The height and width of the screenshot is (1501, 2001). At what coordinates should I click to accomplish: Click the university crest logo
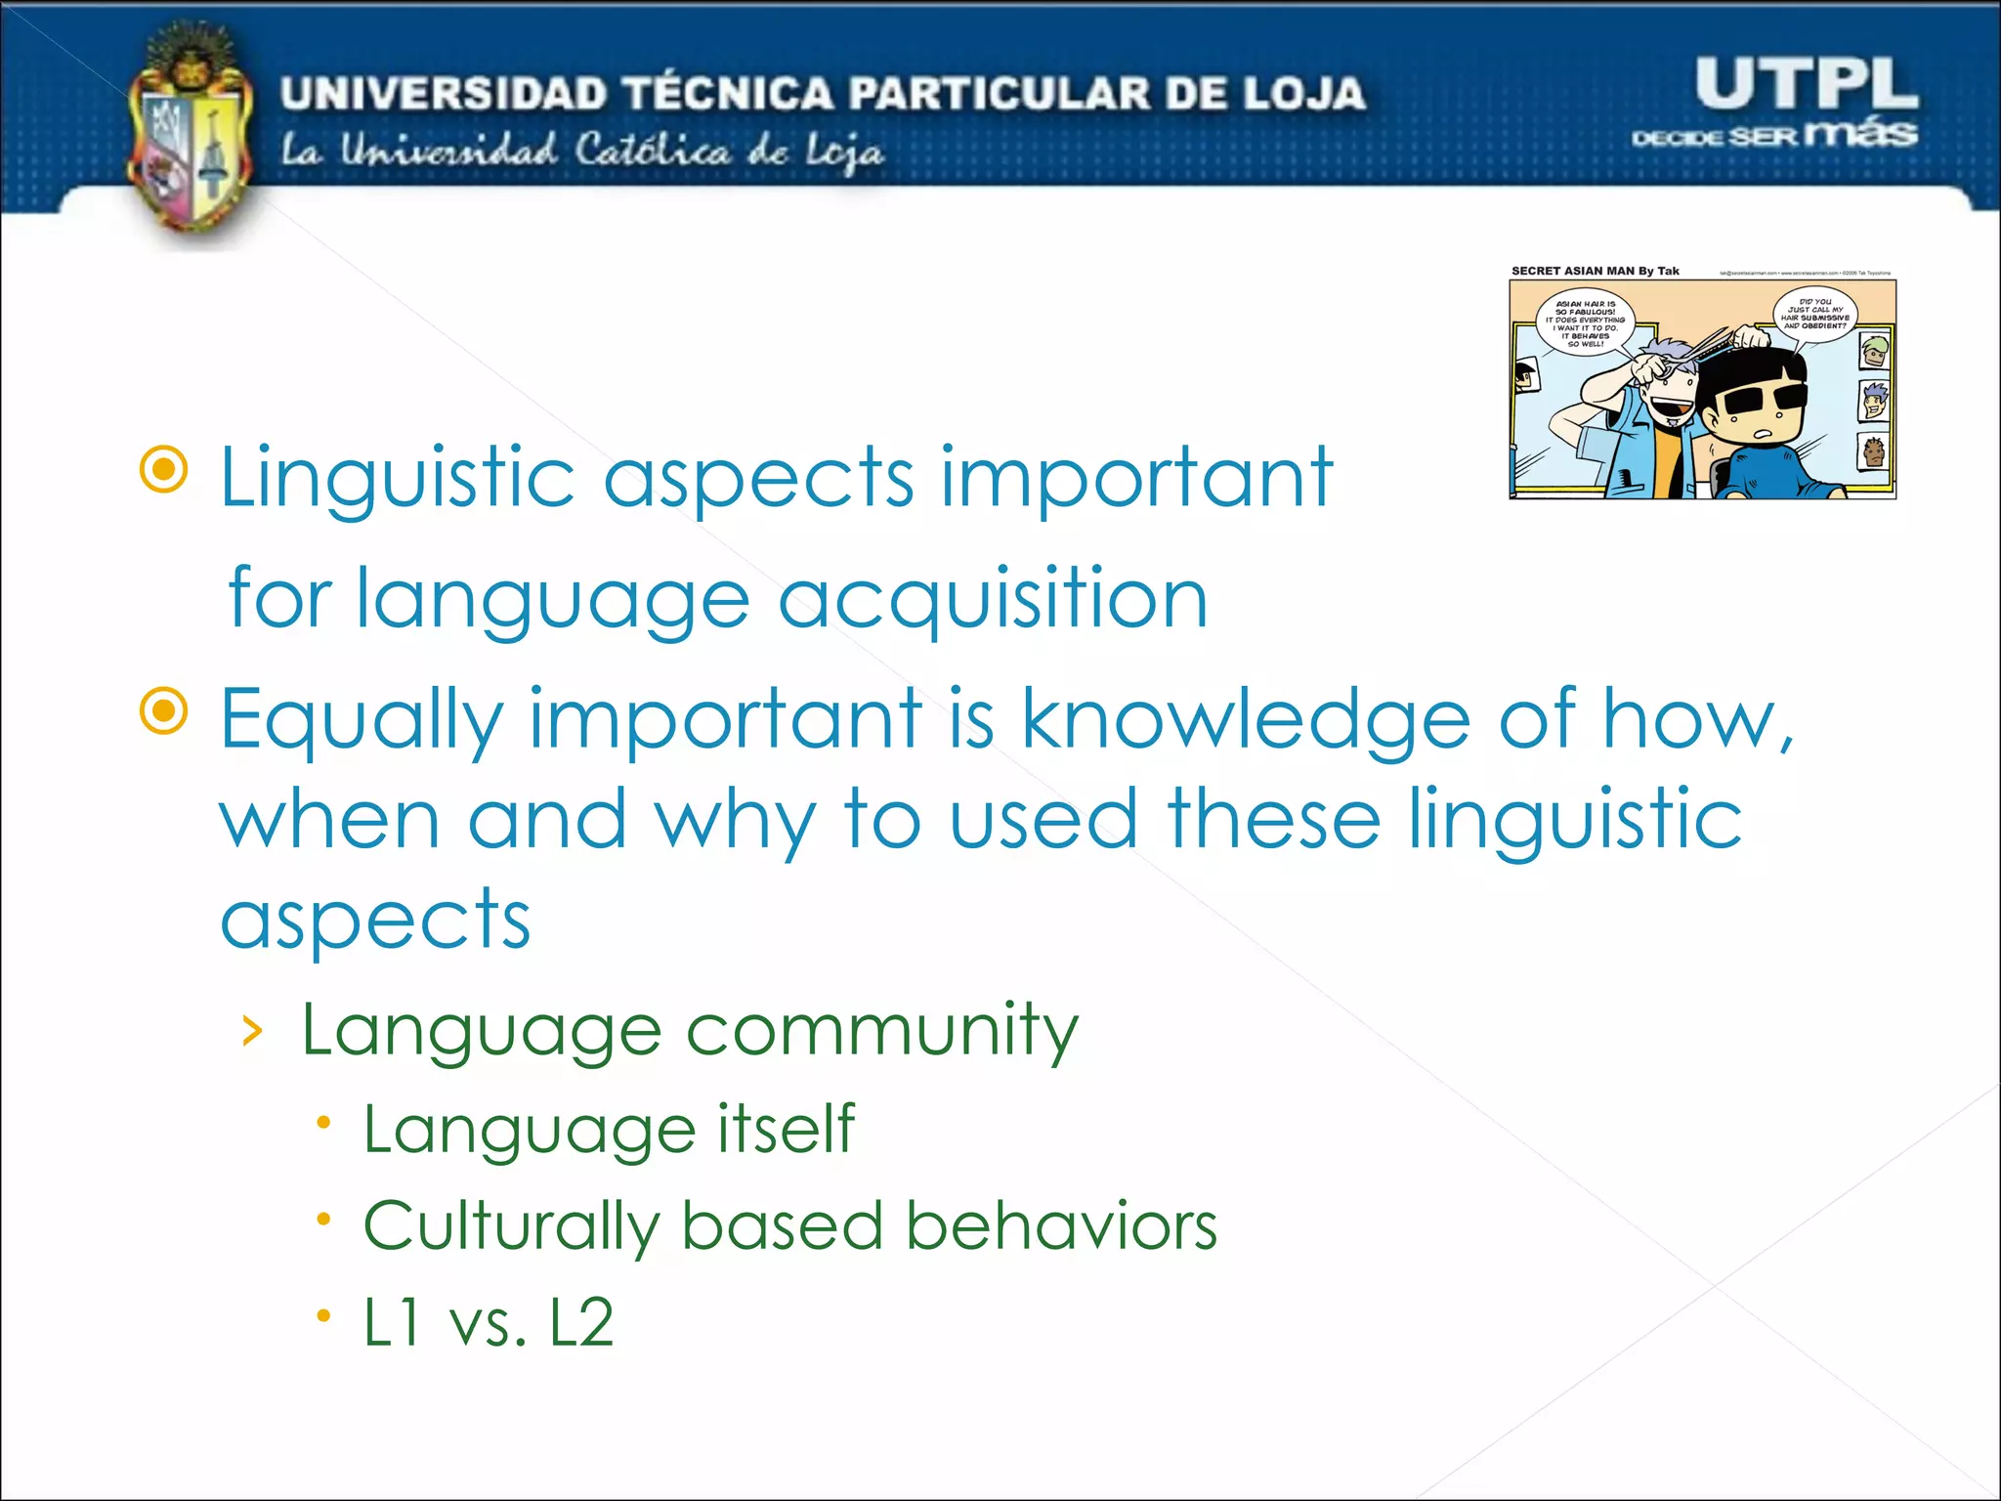pyautogui.click(x=188, y=137)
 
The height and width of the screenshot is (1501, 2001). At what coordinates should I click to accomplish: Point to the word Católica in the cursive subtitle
pyautogui.click(x=652, y=151)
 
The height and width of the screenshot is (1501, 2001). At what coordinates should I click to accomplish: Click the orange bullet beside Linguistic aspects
pyautogui.click(x=164, y=470)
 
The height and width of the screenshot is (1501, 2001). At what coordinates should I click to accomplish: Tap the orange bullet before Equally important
pyautogui.click(x=164, y=710)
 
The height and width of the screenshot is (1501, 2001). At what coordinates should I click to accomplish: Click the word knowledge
pyautogui.click(x=1246, y=719)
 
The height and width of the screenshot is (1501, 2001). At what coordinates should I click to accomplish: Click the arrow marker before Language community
pyautogui.click(x=252, y=1031)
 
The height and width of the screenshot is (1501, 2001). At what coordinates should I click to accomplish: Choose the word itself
pyautogui.click(x=787, y=1129)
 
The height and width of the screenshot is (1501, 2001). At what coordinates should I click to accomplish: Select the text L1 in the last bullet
pyautogui.click(x=393, y=1323)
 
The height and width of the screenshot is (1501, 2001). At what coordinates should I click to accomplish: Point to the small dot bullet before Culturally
pyautogui.click(x=324, y=1219)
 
